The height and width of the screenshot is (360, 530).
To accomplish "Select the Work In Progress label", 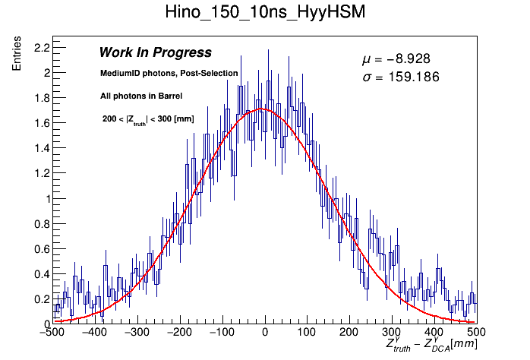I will pyautogui.click(x=155, y=52).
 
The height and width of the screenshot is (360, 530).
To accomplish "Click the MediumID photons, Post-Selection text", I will pyautogui.click(x=169, y=73).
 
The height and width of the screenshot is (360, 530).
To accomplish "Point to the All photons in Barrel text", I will pyautogui.click(x=140, y=96).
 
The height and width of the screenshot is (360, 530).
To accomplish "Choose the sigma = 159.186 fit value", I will pyautogui.click(x=401, y=77).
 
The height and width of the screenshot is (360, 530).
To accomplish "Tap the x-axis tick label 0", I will pyautogui.click(x=264, y=333).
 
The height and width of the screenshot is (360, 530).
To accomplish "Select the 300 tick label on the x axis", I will pyautogui.click(x=391, y=333).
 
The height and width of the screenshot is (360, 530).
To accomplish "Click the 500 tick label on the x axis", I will pyautogui.click(x=475, y=333).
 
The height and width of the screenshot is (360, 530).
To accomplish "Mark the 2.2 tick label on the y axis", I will pyautogui.click(x=39, y=48).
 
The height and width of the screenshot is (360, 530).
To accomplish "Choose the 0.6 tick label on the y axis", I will pyautogui.click(x=39, y=249).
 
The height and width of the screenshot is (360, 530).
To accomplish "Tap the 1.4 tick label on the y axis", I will pyautogui.click(x=39, y=148).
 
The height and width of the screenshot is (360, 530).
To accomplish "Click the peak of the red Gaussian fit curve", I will pyautogui.click(x=261, y=109).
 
